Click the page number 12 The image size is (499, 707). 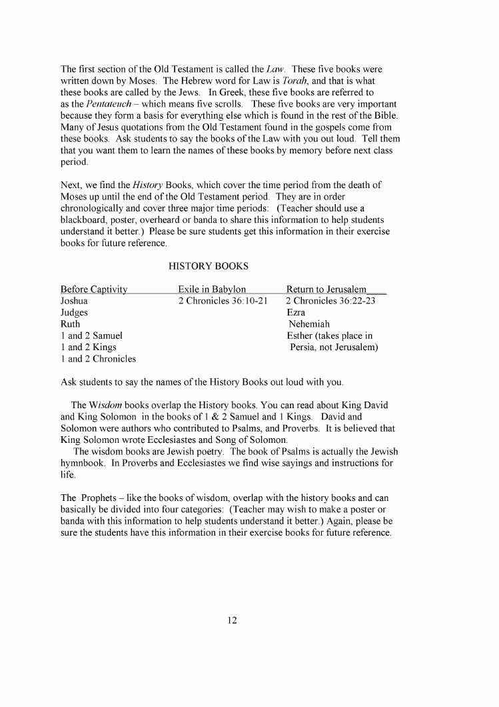pyautogui.click(x=232, y=620)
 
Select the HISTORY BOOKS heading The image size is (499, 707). pyautogui.click(x=209, y=266)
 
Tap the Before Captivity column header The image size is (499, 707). pyautogui.click(x=94, y=289)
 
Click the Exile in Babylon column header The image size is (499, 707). pyautogui.click(x=212, y=289)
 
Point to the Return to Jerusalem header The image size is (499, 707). pyautogui.click(x=326, y=289)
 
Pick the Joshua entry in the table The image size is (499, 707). pyautogui.click(x=74, y=301)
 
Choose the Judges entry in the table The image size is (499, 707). pyautogui.click(x=74, y=312)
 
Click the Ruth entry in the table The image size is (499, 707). pyautogui.click(x=70, y=323)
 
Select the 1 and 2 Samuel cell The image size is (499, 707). pyautogui.click(x=91, y=335)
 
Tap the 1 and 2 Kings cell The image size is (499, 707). pyautogui.click(x=89, y=347)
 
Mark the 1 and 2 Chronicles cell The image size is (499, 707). pyautogui.click(x=98, y=358)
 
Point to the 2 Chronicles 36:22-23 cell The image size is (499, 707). pyautogui.click(x=331, y=301)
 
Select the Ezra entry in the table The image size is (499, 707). pyautogui.click(x=296, y=312)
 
